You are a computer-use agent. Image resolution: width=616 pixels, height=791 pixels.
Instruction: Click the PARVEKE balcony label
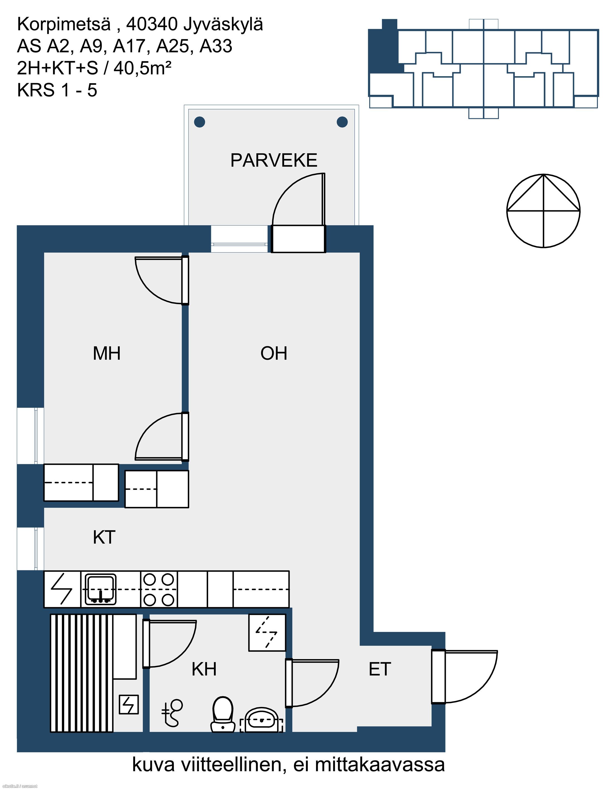click(x=274, y=160)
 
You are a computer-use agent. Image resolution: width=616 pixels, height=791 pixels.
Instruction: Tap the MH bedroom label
click(x=107, y=353)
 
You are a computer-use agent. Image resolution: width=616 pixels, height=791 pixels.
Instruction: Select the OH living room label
click(x=274, y=353)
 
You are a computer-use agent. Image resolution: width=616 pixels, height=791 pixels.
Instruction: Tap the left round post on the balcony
click(x=199, y=122)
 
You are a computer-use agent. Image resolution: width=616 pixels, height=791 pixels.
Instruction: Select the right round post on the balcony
click(x=342, y=122)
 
